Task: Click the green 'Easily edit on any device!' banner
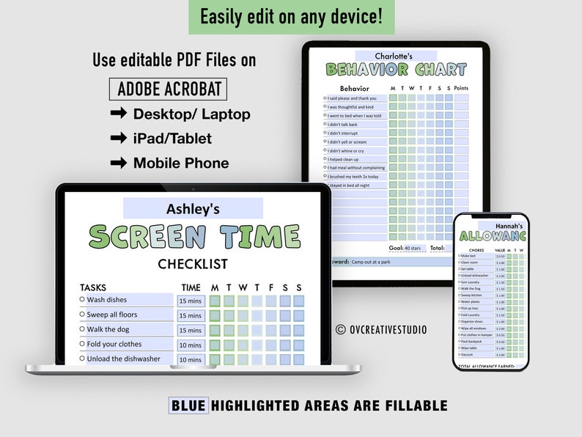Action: click(x=291, y=17)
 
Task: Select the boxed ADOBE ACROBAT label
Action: click(x=168, y=89)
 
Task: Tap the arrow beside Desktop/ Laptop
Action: click(x=117, y=114)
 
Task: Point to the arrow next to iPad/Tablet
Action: click(x=117, y=138)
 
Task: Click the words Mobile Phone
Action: click(x=181, y=163)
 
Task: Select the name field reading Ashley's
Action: click(x=193, y=209)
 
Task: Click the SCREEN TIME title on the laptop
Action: click(x=194, y=237)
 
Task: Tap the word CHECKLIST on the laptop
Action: click(x=193, y=264)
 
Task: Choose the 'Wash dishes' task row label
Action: click(x=107, y=300)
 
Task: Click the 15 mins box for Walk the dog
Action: click(x=191, y=330)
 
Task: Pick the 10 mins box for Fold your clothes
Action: click(x=191, y=345)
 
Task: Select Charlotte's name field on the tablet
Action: click(x=394, y=56)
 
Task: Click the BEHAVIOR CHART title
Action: click(x=396, y=70)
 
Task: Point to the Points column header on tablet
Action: click(x=461, y=88)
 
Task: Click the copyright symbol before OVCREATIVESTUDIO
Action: click(x=340, y=330)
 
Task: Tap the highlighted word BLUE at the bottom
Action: click(x=188, y=405)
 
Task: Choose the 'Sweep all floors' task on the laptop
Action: click(x=112, y=315)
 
